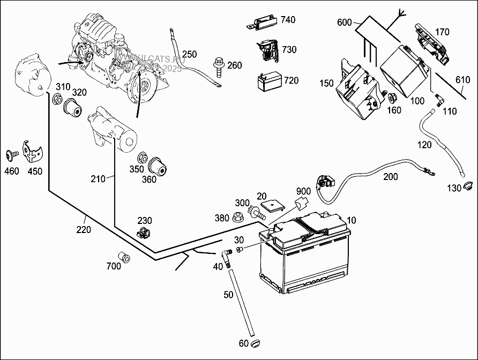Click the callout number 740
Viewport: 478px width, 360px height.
point(288,20)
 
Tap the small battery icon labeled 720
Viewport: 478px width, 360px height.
point(268,82)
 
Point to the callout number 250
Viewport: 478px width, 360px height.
point(189,54)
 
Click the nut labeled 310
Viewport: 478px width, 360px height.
point(57,99)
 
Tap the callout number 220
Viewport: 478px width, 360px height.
point(84,229)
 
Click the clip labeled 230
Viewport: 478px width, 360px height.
point(144,233)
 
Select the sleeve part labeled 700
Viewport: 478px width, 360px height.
point(124,257)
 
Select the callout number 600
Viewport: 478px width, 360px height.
point(345,22)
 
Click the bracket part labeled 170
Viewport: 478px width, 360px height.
point(432,46)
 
